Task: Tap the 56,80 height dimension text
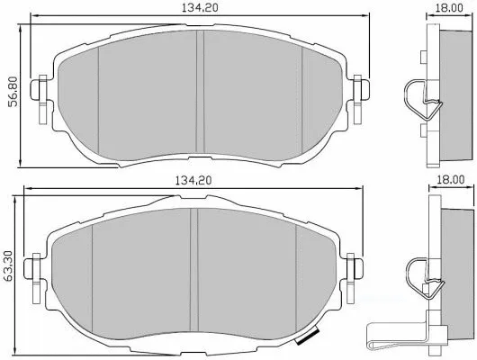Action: pyautogui.click(x=11, y=90)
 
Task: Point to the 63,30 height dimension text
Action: pyautogui.click(x=11, y=267)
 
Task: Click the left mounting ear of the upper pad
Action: pyautogui.click(x=40, y=92)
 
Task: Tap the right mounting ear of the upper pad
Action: pyautogui.click(x=361, y=90)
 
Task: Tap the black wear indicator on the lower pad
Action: pyautogui.click(x=307, y=339)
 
